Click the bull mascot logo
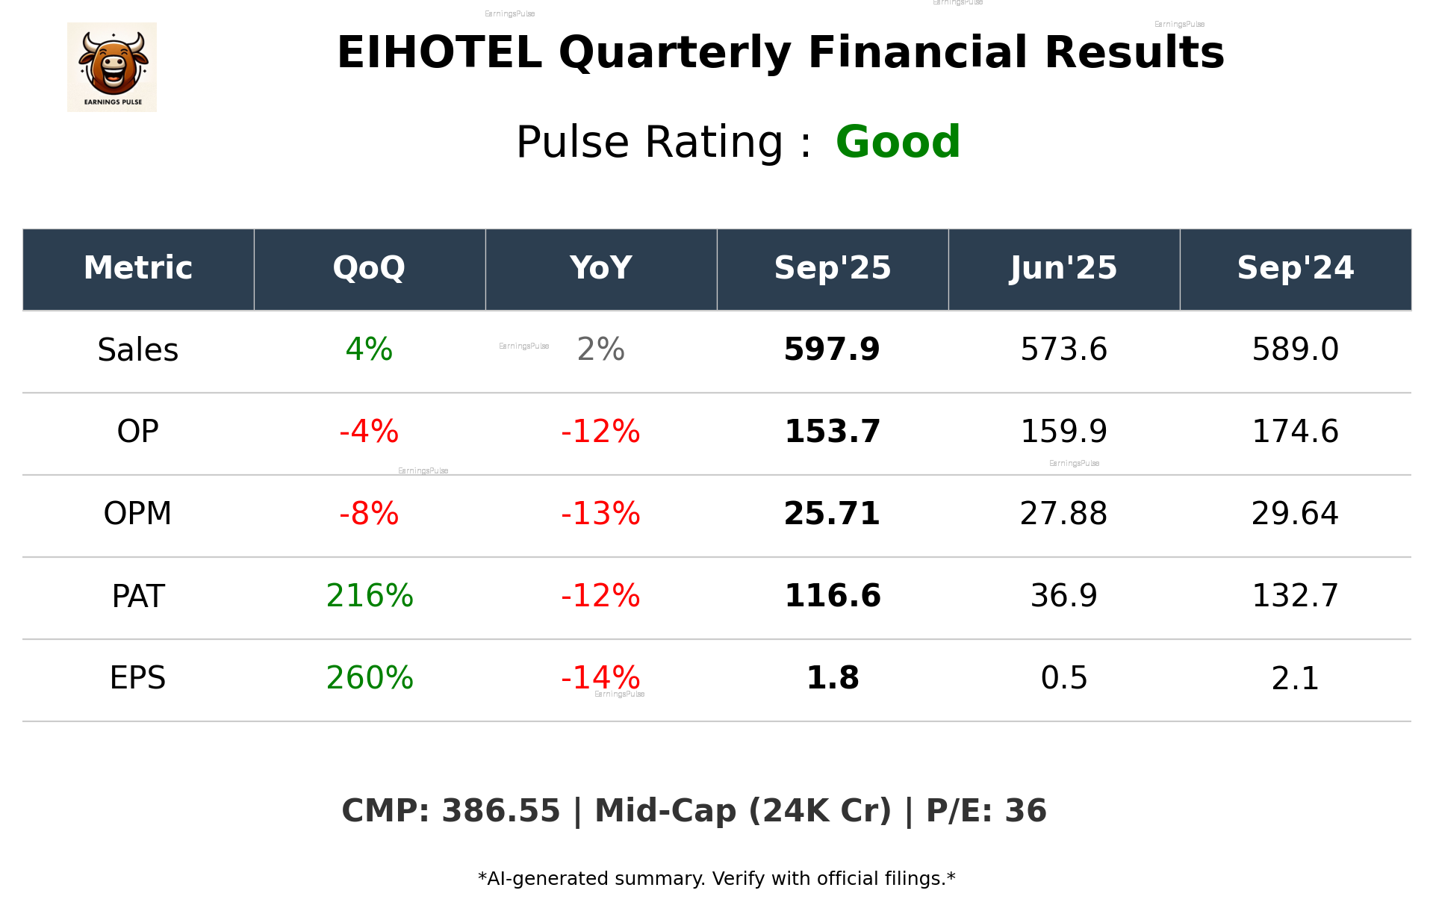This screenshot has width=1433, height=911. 112,66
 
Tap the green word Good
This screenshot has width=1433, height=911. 898,142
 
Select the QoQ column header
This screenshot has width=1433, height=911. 369,268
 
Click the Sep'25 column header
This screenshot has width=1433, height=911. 832,268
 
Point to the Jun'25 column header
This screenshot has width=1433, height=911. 1063,268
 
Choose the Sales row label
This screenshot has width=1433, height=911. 138,349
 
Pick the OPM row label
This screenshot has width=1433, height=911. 138,514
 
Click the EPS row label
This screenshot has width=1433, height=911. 138,678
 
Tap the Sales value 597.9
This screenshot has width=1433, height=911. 832,349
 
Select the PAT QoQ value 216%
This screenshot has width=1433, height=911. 370,596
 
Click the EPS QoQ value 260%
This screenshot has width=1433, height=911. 370,678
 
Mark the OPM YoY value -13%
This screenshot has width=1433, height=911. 600,514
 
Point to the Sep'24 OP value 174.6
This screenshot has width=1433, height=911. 1295,432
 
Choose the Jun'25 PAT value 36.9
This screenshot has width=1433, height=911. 1063,596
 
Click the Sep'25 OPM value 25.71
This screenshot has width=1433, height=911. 832,514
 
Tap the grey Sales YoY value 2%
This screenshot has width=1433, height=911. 600,349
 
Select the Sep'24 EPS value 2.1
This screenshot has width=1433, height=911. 1295,678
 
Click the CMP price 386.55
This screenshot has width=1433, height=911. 500,811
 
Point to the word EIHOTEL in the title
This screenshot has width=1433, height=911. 439,53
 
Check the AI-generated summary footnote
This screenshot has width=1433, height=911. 716,879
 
